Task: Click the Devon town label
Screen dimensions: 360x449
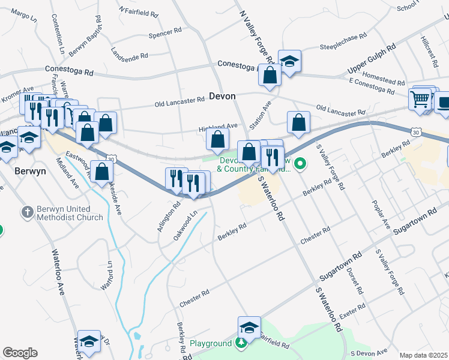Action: (222, 96)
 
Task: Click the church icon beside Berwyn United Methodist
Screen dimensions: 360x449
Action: (26, 212)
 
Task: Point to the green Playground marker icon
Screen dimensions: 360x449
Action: (241, 343)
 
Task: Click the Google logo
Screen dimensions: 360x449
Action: (20, 353)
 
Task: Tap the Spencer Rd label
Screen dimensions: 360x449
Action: (165, 32)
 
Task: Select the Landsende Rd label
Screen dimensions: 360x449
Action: (130, 55)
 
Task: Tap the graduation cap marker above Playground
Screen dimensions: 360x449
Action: (249, 327)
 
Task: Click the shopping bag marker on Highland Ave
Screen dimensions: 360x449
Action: (217, 139)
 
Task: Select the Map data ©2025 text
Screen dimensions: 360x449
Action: (423, 355)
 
